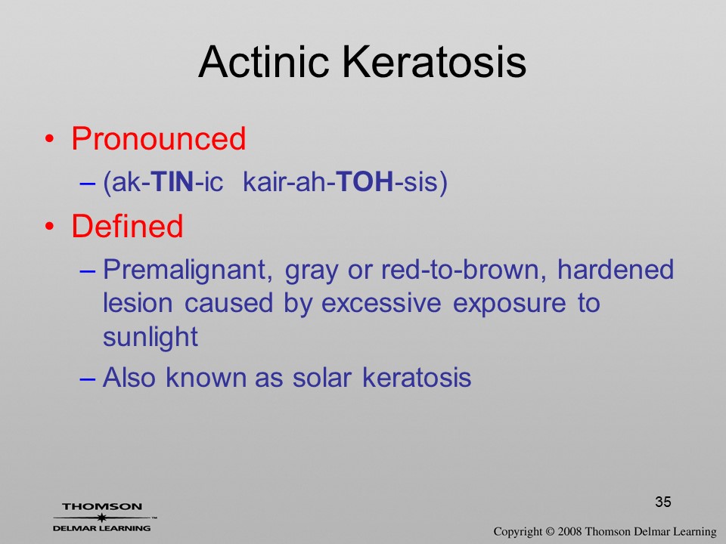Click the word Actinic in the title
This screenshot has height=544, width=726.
[263, 61]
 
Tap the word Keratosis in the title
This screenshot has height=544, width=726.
[434, 61]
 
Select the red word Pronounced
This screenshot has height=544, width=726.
[158, 138]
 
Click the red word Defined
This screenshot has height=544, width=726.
[127, 226]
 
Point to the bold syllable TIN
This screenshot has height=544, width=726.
[172, 181]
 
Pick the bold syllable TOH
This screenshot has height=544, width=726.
[365, 181]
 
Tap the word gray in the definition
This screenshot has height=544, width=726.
[311, 272]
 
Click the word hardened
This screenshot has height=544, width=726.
[616, 269]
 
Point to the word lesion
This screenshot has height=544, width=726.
[138, 303]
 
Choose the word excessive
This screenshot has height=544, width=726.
[381, 304]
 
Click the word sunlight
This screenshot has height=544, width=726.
[150, 338]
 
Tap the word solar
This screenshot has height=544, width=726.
[322, 377]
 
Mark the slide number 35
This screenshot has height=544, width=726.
[663, 502]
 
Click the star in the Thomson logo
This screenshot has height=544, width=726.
[101, 518]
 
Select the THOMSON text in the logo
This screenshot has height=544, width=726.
[102, 506]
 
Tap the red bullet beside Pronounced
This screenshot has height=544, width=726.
[50, 139]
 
